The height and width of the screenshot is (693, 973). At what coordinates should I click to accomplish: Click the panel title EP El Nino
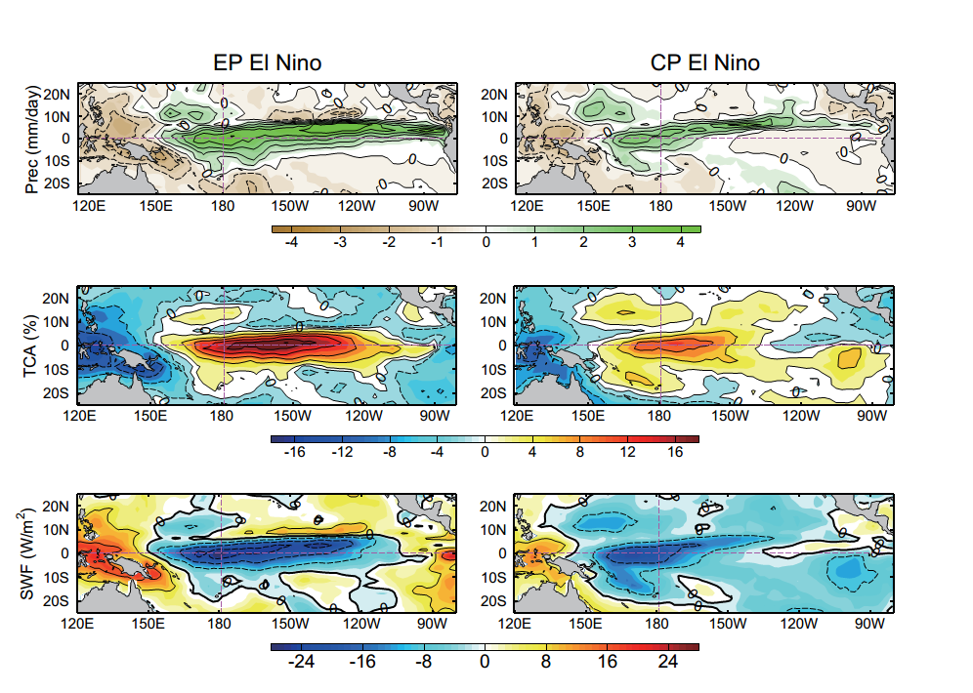[x=268, y=63]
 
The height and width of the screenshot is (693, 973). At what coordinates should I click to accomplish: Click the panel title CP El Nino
[x=704, y=63]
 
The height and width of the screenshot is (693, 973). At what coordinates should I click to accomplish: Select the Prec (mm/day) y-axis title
[x=33, y=139]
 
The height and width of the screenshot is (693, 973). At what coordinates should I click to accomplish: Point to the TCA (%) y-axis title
[x=33, y=346]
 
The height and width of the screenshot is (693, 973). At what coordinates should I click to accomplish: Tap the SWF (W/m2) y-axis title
[x=33, y=552]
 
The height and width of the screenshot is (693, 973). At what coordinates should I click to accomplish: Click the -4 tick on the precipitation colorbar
[x=290, y=242]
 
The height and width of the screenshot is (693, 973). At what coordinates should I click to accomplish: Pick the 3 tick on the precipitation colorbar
[x=632, y=242]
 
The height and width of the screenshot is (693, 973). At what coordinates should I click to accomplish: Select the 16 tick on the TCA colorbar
[x=674, y=452]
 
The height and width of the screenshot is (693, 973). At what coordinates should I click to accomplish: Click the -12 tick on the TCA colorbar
[x=342, y=452]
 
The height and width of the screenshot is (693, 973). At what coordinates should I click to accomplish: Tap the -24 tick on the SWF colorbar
[x=298, y=661]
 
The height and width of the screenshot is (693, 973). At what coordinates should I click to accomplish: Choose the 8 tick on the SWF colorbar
[x=545, y=661]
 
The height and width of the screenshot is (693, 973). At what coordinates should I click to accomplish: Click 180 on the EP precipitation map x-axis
[x=223, y=206]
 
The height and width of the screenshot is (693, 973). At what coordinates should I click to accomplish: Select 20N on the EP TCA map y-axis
[x=58, y=298]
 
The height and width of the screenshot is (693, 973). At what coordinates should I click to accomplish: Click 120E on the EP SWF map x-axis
[x=77, y=623]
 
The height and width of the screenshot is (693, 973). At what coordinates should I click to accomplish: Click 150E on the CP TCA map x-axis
[x=590, y=415]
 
